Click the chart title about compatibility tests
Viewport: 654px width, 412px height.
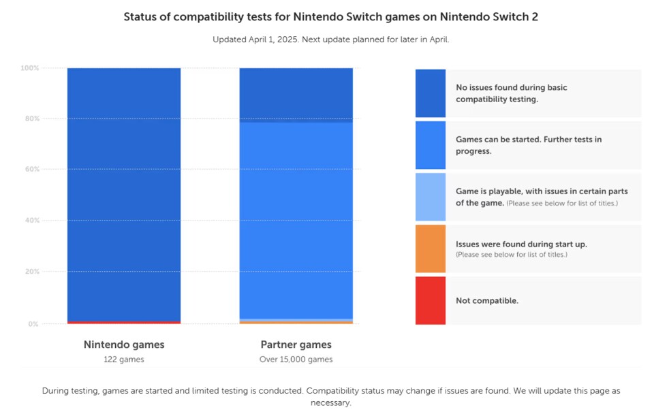click(330, 17)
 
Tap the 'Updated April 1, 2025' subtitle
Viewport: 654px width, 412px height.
click(330, 39)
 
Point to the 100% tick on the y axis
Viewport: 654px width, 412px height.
click(30, 68)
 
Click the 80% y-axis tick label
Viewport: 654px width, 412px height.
click(31, 119)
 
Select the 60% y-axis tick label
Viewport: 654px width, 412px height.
click(31, 170)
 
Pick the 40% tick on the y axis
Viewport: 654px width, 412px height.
click(31, 221)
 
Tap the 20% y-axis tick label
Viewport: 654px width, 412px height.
click(31, 272)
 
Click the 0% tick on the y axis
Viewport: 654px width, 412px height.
click(33, 324)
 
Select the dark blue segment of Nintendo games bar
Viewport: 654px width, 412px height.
click(124, 194)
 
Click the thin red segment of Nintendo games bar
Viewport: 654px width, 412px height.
click(124, 322)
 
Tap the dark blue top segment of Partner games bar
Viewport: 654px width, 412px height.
click(296, 95)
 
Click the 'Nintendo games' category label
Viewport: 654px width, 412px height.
click(124, 345)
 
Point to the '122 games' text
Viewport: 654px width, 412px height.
click(124, 360)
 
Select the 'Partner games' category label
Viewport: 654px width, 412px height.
click(296, 345)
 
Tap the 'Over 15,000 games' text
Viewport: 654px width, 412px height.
click(296, 360)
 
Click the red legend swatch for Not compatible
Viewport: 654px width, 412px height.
click(431, 300)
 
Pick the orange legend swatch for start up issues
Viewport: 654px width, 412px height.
click(431, 249)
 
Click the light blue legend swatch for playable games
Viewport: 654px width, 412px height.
click(431, 197)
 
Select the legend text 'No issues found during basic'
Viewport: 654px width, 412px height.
click(511, 88)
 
